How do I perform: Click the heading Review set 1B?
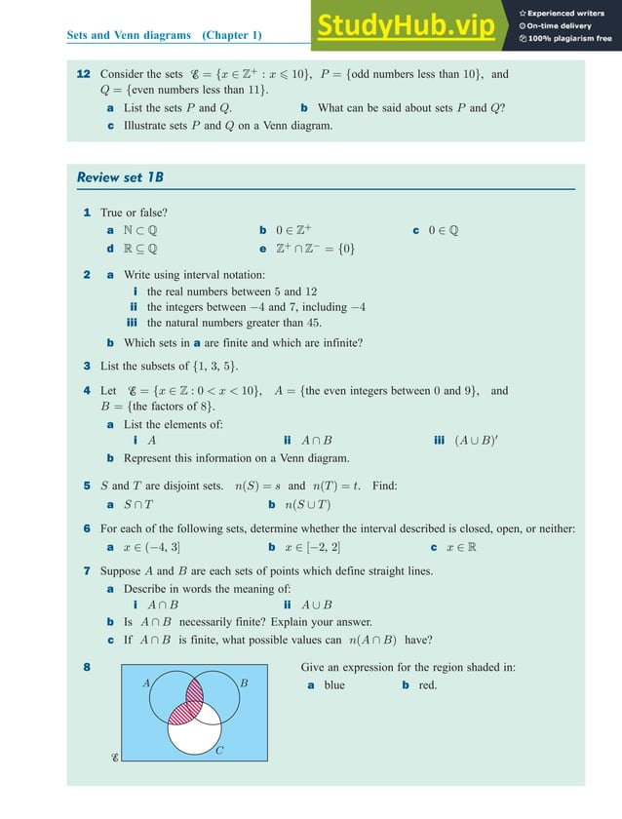120,177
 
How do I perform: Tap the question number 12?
84,74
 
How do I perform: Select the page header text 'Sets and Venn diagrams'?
130,36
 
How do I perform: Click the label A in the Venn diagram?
148,683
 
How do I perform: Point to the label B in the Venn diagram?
244,683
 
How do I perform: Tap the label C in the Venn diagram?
219,750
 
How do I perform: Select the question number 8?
88,668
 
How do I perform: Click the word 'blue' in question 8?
334,685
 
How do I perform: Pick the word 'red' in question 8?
427,685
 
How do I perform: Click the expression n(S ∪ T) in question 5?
306,505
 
